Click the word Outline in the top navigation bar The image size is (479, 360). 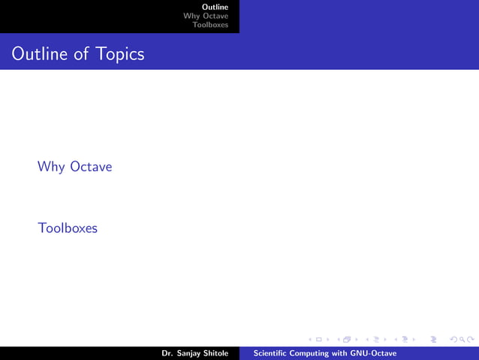[x=215, y=8]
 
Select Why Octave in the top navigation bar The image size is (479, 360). [x=206, y=16]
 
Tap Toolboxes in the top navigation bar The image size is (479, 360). [x=210, y=25]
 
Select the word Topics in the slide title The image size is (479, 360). [x=119, y=54]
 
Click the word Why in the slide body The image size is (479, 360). [x=51, y=166]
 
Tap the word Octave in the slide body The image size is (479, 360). [x=91, y=166]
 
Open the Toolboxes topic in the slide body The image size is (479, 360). [x=68, y=227]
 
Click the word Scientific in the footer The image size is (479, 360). [x=272, y=353]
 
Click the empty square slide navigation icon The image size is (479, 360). [x=318, y=340]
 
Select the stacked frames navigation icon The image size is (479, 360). [x=346, y=340]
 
